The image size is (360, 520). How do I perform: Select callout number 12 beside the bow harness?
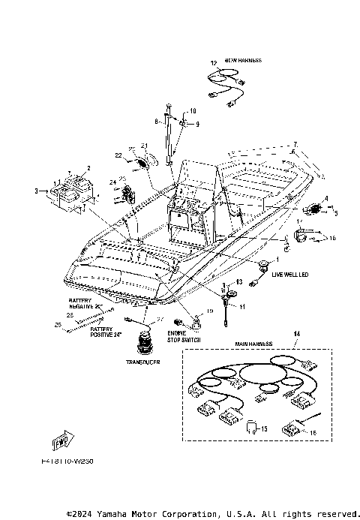(214, 64)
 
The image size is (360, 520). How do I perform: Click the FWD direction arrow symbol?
(62, 438)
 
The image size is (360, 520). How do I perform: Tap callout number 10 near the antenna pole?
(192, 111)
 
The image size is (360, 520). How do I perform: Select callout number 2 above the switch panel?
(88, 167)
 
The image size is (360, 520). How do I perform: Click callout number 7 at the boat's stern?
(295, 143)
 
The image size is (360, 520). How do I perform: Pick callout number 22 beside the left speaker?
(118, 155)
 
